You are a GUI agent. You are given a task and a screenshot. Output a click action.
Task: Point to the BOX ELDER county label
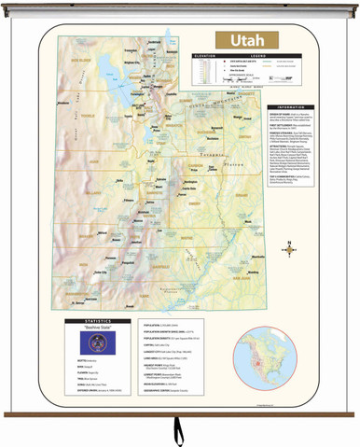point(80,58)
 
